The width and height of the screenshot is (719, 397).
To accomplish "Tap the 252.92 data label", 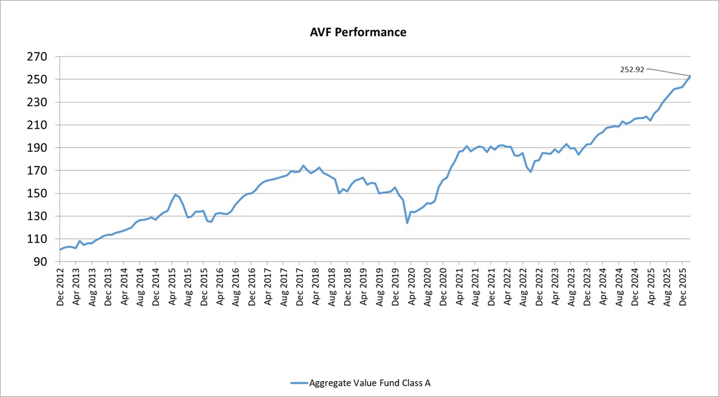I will click(632, 70).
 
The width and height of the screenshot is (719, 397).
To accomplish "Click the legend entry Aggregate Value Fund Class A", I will click(370, 382).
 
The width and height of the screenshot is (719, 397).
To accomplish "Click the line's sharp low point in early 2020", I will click(407, 223).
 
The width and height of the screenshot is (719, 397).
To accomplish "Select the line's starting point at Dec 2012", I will click(60, 250).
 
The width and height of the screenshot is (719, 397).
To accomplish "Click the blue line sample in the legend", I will click(298, 382).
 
